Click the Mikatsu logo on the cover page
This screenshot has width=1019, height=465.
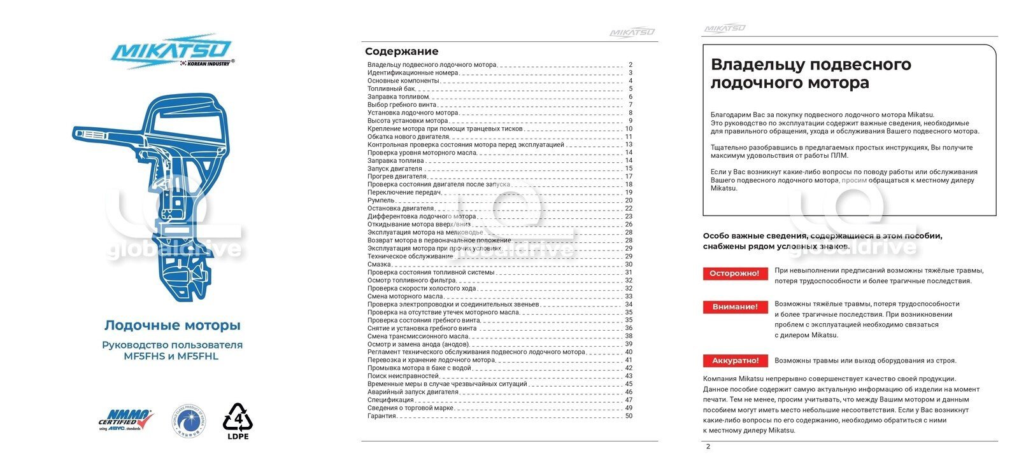click(172, 51)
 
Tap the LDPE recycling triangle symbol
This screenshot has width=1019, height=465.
click(238, 419)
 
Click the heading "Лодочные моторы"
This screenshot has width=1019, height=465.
click(173, 325)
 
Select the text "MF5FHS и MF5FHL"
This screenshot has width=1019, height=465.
click(171, 356)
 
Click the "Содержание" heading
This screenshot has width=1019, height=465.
click(401, 52)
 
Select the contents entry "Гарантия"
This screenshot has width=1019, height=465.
click(382, 416)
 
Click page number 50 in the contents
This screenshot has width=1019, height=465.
click(629, 416)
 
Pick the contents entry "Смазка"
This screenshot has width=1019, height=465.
click(379, 265)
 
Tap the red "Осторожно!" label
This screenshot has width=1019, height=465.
click(734, 274)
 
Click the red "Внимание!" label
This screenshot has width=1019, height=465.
click(734, 307)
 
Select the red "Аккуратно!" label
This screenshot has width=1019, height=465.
click(735, 361)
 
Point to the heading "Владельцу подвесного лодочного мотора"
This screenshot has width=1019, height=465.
click(811, 73)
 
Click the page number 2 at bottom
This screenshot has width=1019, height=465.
click(708, 447)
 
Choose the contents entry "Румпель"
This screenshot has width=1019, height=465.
click(381, 200)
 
